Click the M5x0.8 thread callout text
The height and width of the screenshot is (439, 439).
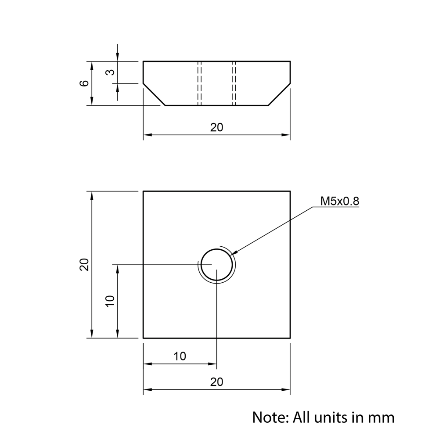coord(339,201)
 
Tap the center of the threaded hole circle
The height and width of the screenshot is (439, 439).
coord(217,264)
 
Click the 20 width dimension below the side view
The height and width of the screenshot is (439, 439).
coord(216,127)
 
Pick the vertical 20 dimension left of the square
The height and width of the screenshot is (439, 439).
coord(84,264)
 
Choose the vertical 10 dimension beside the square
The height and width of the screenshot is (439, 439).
coord(110,301)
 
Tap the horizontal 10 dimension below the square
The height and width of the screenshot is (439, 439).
coord(180,356)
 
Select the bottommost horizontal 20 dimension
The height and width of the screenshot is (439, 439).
coord(216,382)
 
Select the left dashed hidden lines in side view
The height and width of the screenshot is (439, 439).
coord(200,83)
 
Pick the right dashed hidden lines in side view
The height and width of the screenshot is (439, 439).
coord(234,83)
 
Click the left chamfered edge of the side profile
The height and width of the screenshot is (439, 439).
coord(154,94)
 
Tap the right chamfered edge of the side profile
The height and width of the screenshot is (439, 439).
coord(280,94)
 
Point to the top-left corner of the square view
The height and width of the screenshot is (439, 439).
coord(144,191)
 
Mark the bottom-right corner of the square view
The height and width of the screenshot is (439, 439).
coord(290,338)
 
